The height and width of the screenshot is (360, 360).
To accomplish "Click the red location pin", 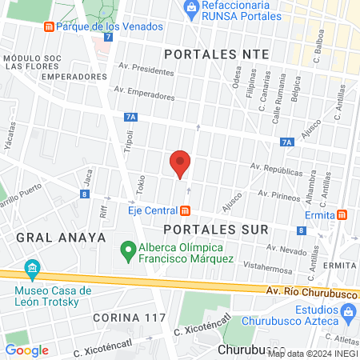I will pyautogui.click(x=180, y=164).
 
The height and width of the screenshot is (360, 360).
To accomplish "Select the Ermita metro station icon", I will pyautogui.click(x=342, y=214).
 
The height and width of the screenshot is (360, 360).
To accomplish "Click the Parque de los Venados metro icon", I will pyautogui.click(x=49, y=26).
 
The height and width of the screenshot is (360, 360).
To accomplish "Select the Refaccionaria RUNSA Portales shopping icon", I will pyautogui.click(x=190, y=8).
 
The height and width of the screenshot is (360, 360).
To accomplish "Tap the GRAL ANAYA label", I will pyautogui.click(x=48, y=237).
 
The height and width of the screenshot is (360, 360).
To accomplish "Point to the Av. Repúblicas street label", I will pyautogui.click(x=276, y=170).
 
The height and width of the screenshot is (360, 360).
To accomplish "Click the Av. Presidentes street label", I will pyautogui.click(x=146, y=70).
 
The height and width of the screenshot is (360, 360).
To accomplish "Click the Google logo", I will pyautogui.click(x=27, y=350).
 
